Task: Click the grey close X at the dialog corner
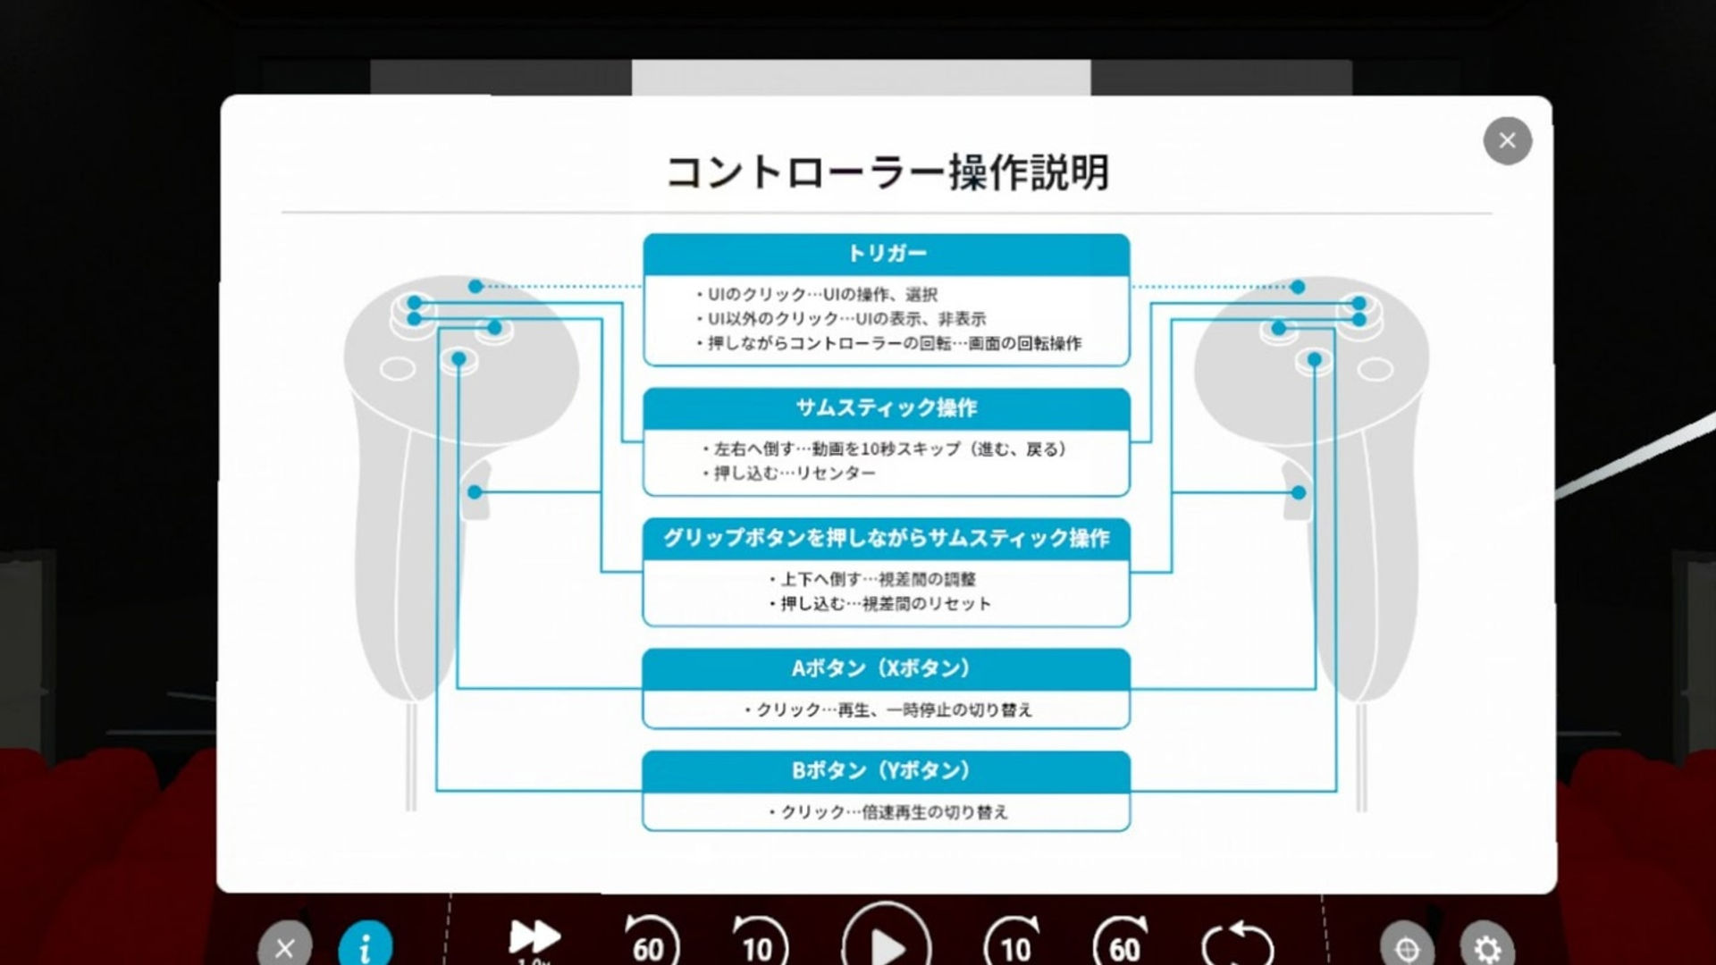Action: pyautogui.click(x=1507, y=140)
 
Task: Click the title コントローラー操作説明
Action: pyautogui.click(x=887, y=172)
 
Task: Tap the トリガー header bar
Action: pyautogui.click(x=887, y=254)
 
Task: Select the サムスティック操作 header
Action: pyautogui.click(x=887, y=408)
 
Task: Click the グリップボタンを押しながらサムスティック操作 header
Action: pyautogui.click(x=887, y=538)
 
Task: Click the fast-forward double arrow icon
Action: pyautogui.click(x=534, y=937)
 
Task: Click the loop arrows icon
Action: pyautogui.click(x=1237, y=944)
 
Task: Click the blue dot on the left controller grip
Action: pyautogui.click(x=475, y=492)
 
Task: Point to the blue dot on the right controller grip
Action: pyautogui.click(x=1299, y=492)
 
